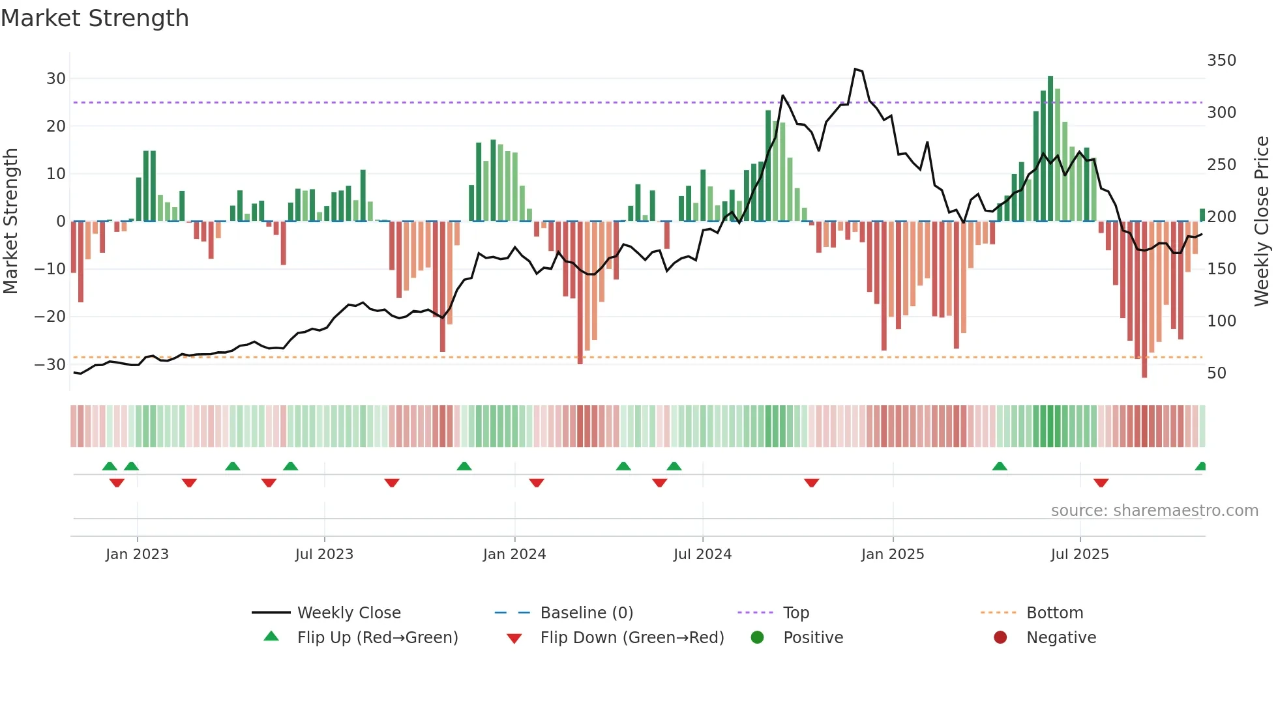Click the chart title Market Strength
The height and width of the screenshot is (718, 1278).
pyautogui.click(x=95, y=18)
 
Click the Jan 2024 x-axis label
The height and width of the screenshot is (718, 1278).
pyautogui.click(x=514, y=554)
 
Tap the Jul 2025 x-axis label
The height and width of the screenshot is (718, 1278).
pyautogui.click(x=1079, y=554)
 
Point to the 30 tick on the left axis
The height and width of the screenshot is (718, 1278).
pyautogui.click(x=56, y=79)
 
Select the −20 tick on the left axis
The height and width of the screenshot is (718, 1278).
pyautogui.click(x=50, y=317)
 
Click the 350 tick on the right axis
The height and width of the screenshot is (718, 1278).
pyautogui.click(x=1221, y=61)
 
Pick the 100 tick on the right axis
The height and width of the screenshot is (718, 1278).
pyautogui.click(x=1221, y=321)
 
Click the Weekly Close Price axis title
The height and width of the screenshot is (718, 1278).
pyautogui.click(x=1262, y=222)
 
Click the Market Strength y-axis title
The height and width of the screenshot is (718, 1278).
pyautogui.click(x=11, y=222)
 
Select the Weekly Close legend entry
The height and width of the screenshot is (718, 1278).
pyautogui.click(x=348, y=613)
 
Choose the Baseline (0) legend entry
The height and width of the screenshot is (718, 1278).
pyautogui.click(x=586, y=613)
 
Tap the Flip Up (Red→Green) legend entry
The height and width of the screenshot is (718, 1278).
pyautogui.click(x=377, y=638)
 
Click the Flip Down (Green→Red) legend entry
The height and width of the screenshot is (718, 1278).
pyautogui.click(x=631, y=638)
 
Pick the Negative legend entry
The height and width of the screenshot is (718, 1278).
pyautogui.click(x=1060, y=638)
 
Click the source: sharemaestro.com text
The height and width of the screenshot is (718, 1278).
pyautogui.click(x=1154, y=511)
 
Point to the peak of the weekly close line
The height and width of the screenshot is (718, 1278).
pyautogui.click(x=855, y=69)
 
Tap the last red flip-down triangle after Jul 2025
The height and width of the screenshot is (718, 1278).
pyautogui.click(x=1101, y=483)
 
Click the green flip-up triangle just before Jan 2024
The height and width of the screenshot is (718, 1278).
pyautogui.click(x=464, y=467)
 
